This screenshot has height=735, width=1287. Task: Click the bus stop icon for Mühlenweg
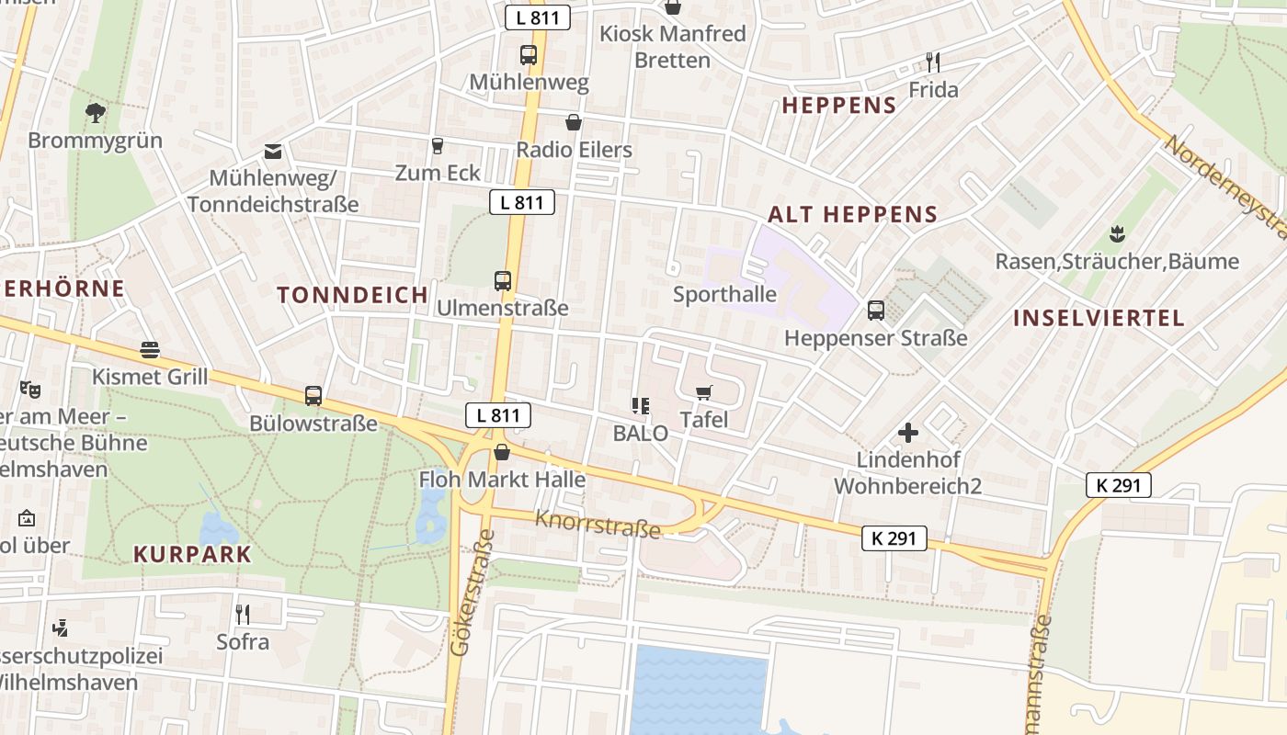(x=528, y=55)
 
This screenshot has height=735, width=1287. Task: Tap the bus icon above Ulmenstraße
(x=502, y=281)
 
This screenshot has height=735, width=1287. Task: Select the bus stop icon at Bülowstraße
(x=313, y=396)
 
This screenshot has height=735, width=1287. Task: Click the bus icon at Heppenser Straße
(x=875, y=311)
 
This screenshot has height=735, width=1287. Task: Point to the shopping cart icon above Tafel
(x=704, y=393)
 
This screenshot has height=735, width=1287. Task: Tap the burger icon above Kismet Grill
(x=150, y=350)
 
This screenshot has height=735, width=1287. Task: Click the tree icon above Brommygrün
(x=94, y=113)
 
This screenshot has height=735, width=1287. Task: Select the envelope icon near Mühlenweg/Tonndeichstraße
(x=273, y=152)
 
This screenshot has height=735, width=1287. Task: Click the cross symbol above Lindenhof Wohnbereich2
(x=908, y=433)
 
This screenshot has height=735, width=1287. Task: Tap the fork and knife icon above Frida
(x=933, y=62)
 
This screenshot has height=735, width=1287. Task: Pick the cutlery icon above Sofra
(x=243, y=614)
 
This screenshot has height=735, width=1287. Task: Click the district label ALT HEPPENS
(x=852, y=215)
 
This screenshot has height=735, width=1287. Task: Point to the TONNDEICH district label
(x=353, y=295)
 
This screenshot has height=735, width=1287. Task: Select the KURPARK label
(x=192, y=554)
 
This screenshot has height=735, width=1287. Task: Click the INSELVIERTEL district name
(x=1099, y=319)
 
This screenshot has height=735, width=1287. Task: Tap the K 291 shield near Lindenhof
(x=1118, y=485)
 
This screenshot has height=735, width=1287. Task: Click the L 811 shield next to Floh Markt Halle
(x=497, y=415)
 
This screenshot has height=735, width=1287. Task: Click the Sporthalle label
(x=724, y=295)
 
